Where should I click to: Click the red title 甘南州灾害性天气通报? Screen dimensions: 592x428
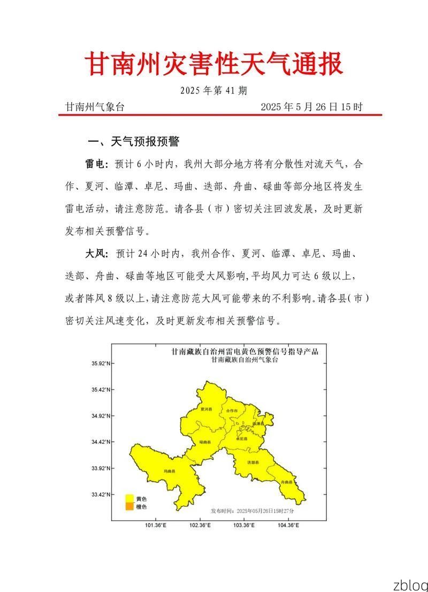[214, 65]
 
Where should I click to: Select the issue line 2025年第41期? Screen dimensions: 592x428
[213, 90]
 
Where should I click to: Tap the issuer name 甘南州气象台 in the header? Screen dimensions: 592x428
[95, 106]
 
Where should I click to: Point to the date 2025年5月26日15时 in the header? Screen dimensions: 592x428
[311, 106]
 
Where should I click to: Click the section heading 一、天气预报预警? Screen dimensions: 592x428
[133, 142]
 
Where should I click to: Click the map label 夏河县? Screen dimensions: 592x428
[203, 409]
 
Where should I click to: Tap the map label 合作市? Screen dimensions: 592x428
[232, 411]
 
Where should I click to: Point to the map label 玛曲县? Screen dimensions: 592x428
[170, 471]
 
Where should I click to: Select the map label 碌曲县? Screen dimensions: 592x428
[204, 442]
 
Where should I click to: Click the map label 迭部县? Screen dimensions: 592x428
[253, 462]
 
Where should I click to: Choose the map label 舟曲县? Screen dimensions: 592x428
[286, 482]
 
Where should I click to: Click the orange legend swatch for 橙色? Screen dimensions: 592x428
[129, 506]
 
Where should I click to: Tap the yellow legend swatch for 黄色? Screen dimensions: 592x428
[129, 498]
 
